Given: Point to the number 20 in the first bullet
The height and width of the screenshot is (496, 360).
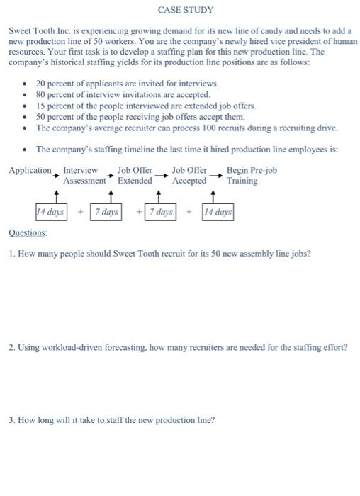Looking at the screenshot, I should [x=41, y=84].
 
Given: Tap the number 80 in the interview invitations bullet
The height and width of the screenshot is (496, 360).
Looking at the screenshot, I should [x=41, y=94].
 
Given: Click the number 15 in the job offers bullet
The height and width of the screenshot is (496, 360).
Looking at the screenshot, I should [x=41, y=106].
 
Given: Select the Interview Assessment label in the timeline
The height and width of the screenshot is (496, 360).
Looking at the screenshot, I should [x=84, y=176].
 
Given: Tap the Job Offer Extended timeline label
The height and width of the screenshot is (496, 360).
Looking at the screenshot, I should [x=135, y=176].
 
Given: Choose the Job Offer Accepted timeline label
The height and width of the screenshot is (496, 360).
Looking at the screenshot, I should [x=189, y=176].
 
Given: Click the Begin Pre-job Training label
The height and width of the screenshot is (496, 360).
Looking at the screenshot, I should [x=251, y=176].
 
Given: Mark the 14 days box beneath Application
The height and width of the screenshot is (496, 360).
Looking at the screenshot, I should [x=50, y=212].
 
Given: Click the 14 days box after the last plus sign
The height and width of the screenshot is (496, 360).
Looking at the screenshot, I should [x=218, y=212].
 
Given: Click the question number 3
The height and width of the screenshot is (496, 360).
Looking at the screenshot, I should [x=11, y=419].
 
